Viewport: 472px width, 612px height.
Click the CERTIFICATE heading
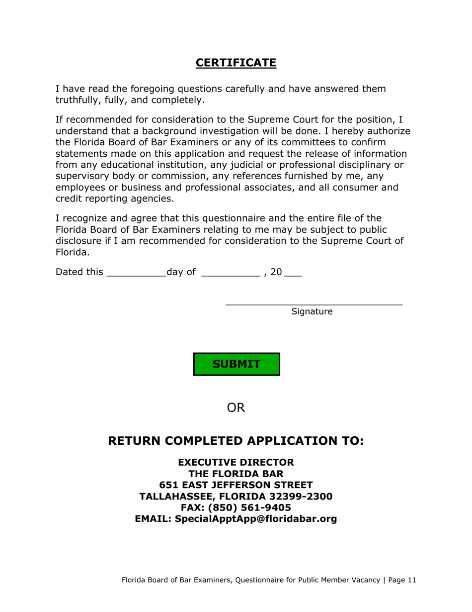pyautogui.click(x=236, y=63)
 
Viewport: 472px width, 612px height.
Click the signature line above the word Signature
pyautogui.click(x=314, y=303)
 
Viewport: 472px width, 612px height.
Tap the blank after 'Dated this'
pyautogui.click(x=136, y=273)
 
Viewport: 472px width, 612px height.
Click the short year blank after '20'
pyautogui.click(x=293, y=273)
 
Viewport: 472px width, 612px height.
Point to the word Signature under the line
pyautogui.click(x=312, y=312)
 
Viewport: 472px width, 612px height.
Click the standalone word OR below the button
pyautogui.click(x=236, y=408)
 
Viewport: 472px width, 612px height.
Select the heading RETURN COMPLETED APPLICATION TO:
pyautogui.click(x=236, y=441)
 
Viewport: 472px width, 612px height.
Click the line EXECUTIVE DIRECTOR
pyautogui.click(x=236, y=463)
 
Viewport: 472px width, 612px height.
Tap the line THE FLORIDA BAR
pyautogui.click(x=236, y=474)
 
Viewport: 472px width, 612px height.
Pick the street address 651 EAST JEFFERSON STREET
pyautogui.click(x=236, y=485)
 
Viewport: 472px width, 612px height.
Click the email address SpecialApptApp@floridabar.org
pyautogui.click(x=256, y=519)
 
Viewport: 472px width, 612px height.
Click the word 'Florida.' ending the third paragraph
pyautogui.click(x=73, y=252)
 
